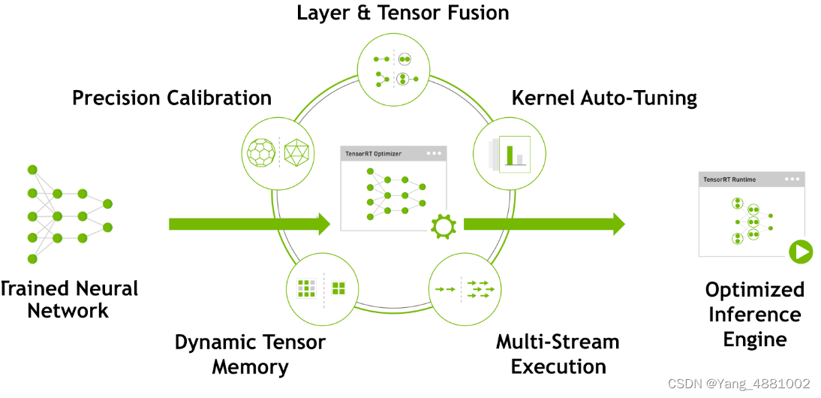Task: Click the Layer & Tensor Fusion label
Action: pos(403,13)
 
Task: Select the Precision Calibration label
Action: pos(172,98)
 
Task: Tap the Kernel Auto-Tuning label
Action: pos(604,98)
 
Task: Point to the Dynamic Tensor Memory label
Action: pos(250,354)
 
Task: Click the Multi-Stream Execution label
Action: pos(558,354)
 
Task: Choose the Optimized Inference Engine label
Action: pos(754,315)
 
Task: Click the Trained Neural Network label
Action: pos(68,300)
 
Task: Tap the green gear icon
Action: pos(443,226)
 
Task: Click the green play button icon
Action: pos(801,252)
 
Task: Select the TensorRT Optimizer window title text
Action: pos(373,153)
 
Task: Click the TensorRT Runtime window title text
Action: pos(729,179)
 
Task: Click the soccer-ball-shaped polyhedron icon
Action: pos(262,152)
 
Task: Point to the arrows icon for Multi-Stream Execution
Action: pos(465,289)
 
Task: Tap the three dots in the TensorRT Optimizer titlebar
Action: pos(434,153)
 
